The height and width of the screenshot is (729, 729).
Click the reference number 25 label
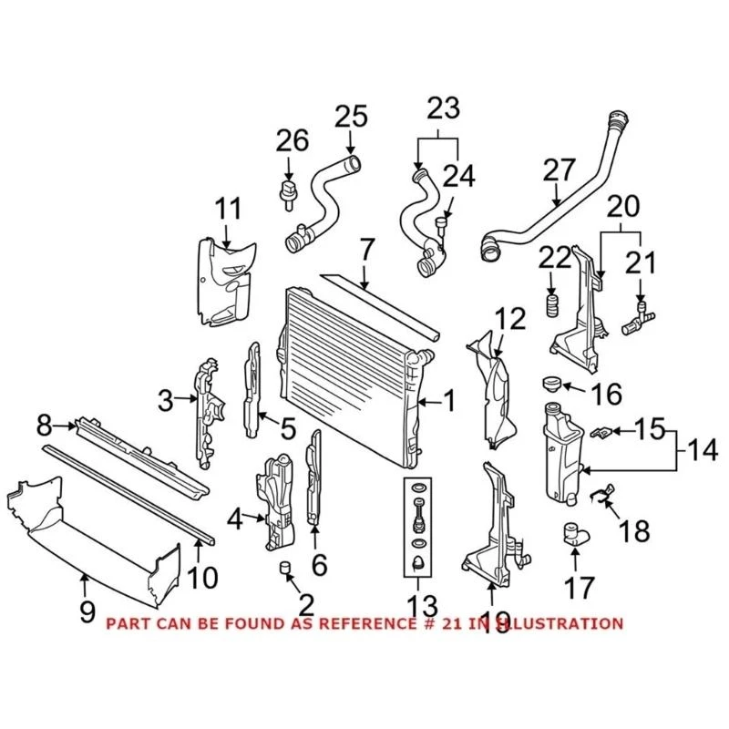(x=351, y=118)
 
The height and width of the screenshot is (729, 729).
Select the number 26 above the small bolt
(x=293, y=141)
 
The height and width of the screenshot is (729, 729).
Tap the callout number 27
(x=560, y=169)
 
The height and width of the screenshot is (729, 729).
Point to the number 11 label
(x=229, y=209)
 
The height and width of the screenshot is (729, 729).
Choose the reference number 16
(x=605, y=395)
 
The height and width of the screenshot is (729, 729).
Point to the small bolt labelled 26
(x=289, y=190)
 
